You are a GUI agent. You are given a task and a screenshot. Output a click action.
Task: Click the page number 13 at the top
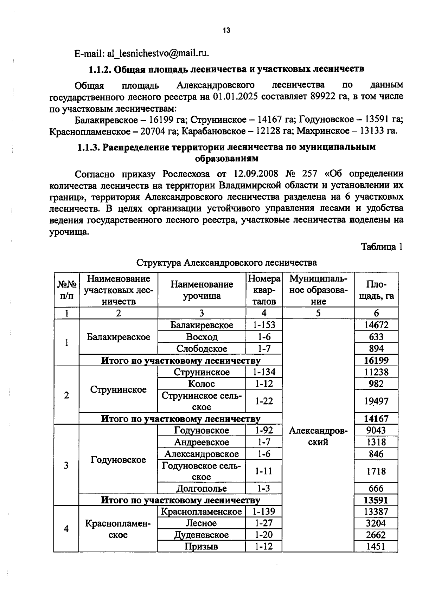click(x=226, y=31)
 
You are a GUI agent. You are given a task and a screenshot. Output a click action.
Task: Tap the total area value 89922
click(x=323, y=96)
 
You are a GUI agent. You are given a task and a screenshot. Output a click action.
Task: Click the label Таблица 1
click(x=382, y=247)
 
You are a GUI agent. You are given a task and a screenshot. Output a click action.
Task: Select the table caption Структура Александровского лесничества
click(x=226, y=263)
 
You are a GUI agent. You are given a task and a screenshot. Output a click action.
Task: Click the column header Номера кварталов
click(x=264, y=290)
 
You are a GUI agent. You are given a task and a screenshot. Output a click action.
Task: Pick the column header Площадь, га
click(x=376, y=290)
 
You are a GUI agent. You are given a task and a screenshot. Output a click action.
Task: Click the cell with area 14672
click(x=376, y=325)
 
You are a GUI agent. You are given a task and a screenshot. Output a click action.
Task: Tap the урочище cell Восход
click(x=202, y=337)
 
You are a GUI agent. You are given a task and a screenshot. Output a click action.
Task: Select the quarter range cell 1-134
click(x=264, y=372)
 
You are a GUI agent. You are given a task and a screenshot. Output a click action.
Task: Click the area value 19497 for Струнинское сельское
click(x=376, y=401)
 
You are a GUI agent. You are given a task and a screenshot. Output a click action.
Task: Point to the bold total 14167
click(x=376, y=419)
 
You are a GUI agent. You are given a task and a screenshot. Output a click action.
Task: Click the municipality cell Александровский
click(x=318, y=436)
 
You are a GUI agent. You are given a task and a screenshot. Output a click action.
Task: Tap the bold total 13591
click(x=376, y=500)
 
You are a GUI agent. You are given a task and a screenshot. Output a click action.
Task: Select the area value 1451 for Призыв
click(x=376, y=547)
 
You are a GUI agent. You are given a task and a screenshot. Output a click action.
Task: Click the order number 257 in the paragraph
click(x=309, y=174)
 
